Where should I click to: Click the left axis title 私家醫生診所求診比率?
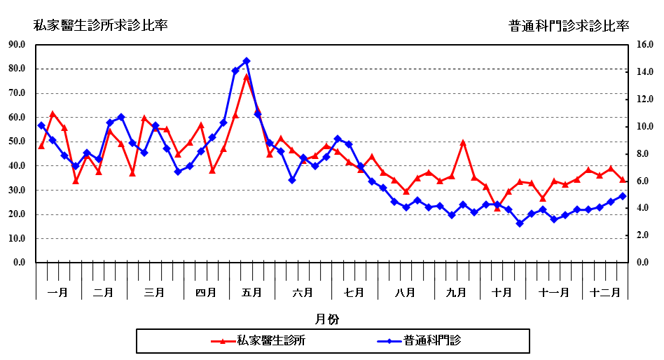pyautogui.click(x=101, y=26)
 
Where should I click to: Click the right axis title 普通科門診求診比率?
pyautogui.click(x=569, y=26)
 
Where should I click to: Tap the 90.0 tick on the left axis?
pyautogui.click(x=16, y=45)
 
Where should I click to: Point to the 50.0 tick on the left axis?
pyautogui.click(x=16, y=141)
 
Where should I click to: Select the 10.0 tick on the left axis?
pyautogui.click(x=16, y=239)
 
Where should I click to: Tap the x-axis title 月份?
pyautogui.click(x=327, y=319)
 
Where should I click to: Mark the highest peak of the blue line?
pyautogui.click(x=247, y=61)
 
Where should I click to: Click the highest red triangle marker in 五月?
pyautogui.click(x=247, y=76)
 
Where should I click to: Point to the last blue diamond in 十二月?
pyautogui.click(x=622, y=196)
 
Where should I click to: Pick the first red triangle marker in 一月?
pyautogui.click(x=41, y=146)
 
